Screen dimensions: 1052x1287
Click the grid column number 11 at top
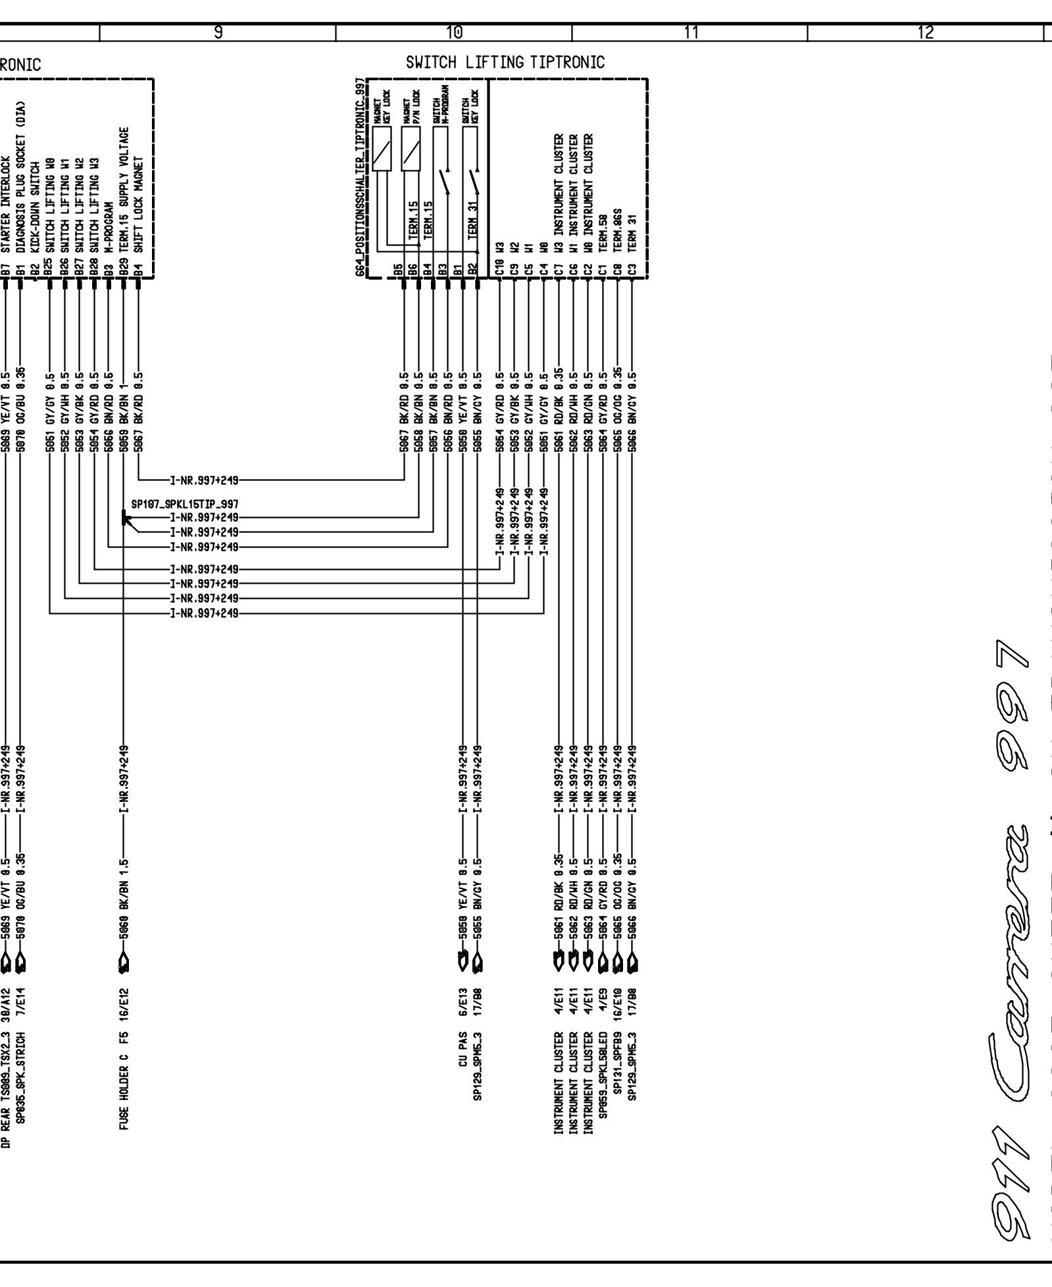coord(690,32)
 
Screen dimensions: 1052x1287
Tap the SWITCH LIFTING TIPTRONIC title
coord(505,63)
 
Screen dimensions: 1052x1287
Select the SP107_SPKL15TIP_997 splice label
coord(184,505)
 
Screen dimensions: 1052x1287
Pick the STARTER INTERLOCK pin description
coord(6,205)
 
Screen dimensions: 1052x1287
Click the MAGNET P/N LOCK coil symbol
coord(411,148)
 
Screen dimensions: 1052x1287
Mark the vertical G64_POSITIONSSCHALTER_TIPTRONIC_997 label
coord(360,178)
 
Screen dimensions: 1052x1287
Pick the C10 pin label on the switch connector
coord(500,268)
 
